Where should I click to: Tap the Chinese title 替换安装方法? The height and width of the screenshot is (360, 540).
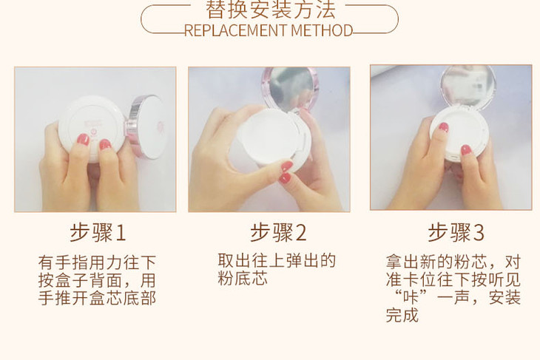click(x=270, y=10)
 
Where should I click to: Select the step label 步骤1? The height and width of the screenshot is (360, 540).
click(x=98, y=233)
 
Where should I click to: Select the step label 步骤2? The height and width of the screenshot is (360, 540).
click(x=278, y=233)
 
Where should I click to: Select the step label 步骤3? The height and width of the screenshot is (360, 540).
click(x=456, y=233)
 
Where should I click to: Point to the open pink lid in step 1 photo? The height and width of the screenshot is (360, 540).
click(x=146, y=126)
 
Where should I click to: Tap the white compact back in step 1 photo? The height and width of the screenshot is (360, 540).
click(x=91, y=126)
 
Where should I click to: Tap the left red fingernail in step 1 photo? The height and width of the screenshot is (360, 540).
click(x=83, y=140)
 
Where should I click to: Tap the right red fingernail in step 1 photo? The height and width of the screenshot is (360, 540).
click(x=105, y=145)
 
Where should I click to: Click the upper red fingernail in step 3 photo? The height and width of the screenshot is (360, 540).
click(x=444, y=127)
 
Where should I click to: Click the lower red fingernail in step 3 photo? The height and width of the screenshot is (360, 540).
click(x=466, y=150)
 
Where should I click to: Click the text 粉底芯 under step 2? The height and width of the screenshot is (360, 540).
click(x=243, y=278)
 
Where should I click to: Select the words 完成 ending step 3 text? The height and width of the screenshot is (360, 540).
click(x=402, y=315)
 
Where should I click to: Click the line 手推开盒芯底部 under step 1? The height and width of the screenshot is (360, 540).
click(x=97, y=298)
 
